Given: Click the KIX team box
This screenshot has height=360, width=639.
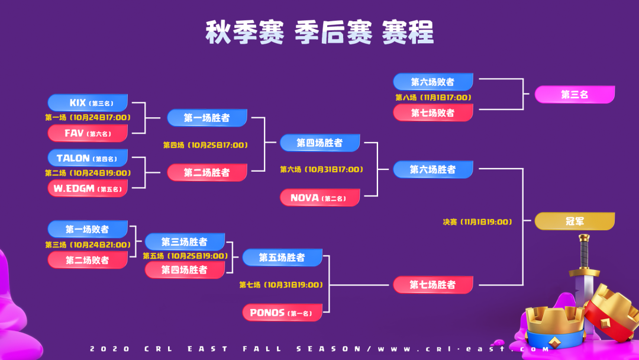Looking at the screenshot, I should (x=88, y=103).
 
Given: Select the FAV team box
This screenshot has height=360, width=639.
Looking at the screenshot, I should (x=88, y=133).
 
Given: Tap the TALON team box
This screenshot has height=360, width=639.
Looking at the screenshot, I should (x=88, y=158).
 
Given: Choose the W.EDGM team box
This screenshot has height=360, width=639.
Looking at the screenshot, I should (x=88, y=188).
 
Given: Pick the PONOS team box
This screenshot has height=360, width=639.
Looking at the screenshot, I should (x=282, y=312).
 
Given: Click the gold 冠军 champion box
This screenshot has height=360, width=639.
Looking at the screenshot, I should (x=575, y=221).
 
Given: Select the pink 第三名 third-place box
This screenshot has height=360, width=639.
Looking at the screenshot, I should (x=575, y=95).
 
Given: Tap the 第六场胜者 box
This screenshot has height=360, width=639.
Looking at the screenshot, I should (x=433, y=170).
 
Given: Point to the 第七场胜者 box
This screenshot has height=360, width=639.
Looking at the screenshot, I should (x=433, y=285).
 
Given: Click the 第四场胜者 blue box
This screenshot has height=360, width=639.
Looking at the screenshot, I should (x=319, y=143).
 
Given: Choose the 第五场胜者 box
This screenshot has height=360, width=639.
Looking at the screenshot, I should (x=282, y=258).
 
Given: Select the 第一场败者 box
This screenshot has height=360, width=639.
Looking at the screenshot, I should (x=88, y=230).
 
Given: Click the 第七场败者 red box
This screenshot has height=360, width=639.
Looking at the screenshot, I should (x=433, y=112).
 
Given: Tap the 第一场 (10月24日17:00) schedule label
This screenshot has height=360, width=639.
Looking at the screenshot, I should (x=88, y=118).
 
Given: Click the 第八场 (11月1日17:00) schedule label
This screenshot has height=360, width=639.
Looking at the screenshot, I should (x=433, y=98).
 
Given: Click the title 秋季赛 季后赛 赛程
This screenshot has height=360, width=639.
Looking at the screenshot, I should (x=319, y=33).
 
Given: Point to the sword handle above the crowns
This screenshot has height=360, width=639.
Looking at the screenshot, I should (x=585, y=249).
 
